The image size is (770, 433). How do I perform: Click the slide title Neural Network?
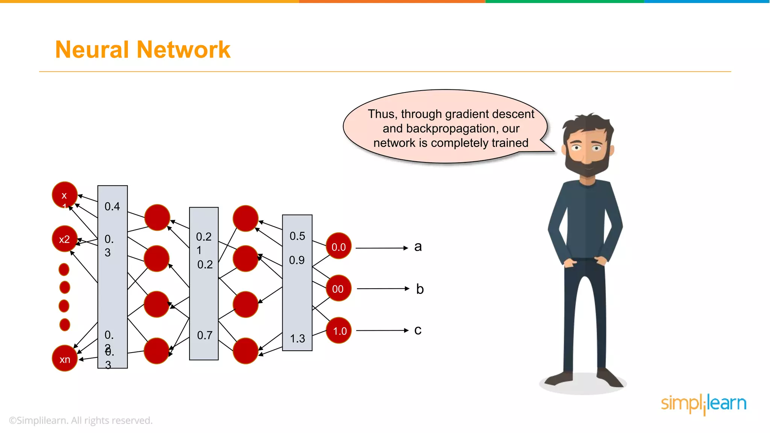pos(142,50)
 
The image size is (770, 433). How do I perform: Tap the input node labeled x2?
pos(65,239)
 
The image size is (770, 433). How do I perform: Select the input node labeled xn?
pos(65,359)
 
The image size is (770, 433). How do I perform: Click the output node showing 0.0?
pos(338,247)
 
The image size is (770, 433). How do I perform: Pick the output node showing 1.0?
pos(339,331)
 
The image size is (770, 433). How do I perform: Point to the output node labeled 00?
pos(338,289)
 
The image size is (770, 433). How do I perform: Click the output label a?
pos(418,247)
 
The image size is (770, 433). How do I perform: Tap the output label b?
pos(420,289)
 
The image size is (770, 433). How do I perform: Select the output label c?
pos(418,330)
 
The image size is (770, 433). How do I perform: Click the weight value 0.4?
pos(112,206)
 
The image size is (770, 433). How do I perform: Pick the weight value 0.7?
pos(205,335)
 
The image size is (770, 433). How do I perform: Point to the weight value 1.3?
pos(297,339)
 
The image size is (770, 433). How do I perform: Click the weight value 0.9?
pos(297,260)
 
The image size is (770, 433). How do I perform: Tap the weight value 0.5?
pos(297,236)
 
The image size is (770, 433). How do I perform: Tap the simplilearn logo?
pos(703,404)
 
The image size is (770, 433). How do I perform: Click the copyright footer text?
pos(80,420)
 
